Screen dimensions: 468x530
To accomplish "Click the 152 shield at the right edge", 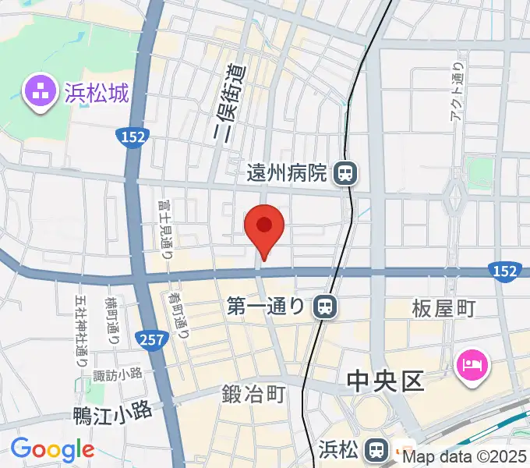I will click(x=504, y=270).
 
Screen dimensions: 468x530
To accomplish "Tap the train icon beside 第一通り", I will click(x=325, y=307).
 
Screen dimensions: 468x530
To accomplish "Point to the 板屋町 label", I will click(x=443, y=309).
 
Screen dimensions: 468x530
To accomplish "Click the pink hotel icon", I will click(x=474, y=363).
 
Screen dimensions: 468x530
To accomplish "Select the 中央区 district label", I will click(x=384, y=381).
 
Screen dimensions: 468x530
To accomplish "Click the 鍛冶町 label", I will click(x=252, y=395).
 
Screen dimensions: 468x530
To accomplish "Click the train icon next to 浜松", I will click(x=377, y=448).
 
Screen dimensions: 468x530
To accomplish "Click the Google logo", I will click(x=52, y=450).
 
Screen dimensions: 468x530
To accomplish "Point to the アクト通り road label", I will click(x=458, y=91).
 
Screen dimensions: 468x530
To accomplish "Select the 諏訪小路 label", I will click(x=117, y=375).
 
